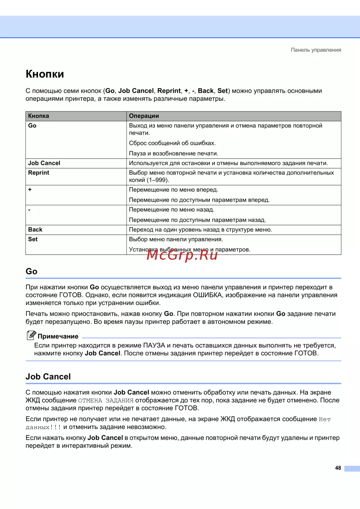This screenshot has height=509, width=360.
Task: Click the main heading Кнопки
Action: pyautogui.click(x=45, y=74)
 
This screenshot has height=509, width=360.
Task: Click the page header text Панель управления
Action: pyautogui.click(x=316, y=50)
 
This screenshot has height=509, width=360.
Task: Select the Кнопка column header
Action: pyautogui.click(x=39, y=116)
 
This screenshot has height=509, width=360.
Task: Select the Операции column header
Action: pyautogui.click(x=144, y=116)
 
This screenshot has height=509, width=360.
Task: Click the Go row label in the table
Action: pyautogui.click(x=32, y=126)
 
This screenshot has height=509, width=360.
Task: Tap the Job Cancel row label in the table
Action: pyautogui.click(x=44, y=163)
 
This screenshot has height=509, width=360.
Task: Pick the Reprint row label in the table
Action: pyautogui.click(x=39, y=173)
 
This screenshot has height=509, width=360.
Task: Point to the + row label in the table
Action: pyautogui.click(x=30, y=190)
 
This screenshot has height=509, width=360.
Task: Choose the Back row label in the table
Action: pyautogui.click(x=35, y=229)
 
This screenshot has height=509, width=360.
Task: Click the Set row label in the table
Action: pyautogui.click(x=33, y=239)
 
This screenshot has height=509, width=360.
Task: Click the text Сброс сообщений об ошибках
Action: pyautogui.click(x=172, y=143)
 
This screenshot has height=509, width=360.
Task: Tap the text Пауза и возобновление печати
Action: pyautogui.click(x=174, y=153)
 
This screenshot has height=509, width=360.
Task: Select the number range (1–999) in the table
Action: pyautogui.click(x=158, y=180)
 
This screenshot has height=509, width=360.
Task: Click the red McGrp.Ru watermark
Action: pyautogui.click(x=182, y=255)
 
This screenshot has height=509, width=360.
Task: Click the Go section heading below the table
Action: pyautogui.click(x=32, y=272)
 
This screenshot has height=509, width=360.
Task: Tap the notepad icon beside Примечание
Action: pyautogui.click(x=31, y=335)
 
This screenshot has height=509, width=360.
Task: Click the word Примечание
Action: pyautogui.click(x=58, y=336)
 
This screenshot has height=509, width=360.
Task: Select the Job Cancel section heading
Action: pyautogui.click(x=48, y=377)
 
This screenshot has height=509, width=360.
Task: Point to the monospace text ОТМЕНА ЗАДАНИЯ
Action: pyautogui.click(x=106, y=401)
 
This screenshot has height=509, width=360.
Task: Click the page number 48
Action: pyautogui.click(x=338, y=468)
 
